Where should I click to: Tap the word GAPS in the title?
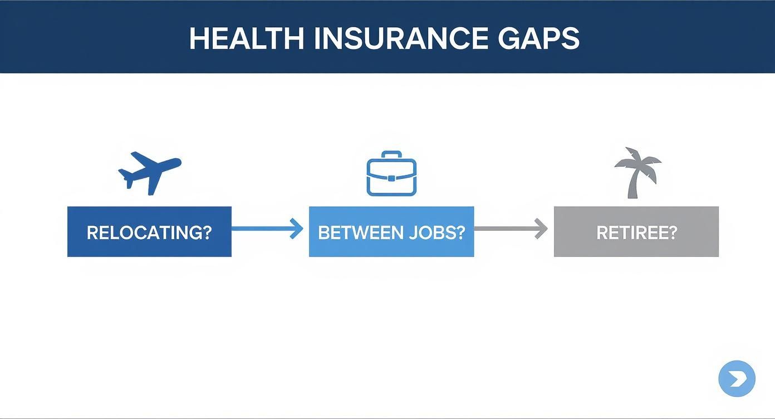point(538,38)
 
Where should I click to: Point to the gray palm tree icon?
point(636,173)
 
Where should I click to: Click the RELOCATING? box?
point(149,232)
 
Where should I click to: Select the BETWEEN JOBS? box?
point(391,232)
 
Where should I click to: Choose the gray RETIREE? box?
point(636,232)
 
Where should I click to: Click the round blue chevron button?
point(737,379)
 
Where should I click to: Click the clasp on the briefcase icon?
point(391,178)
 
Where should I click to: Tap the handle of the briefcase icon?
point(391,154)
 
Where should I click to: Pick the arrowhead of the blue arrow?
point(297,228)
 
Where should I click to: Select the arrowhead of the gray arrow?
point(541,228)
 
